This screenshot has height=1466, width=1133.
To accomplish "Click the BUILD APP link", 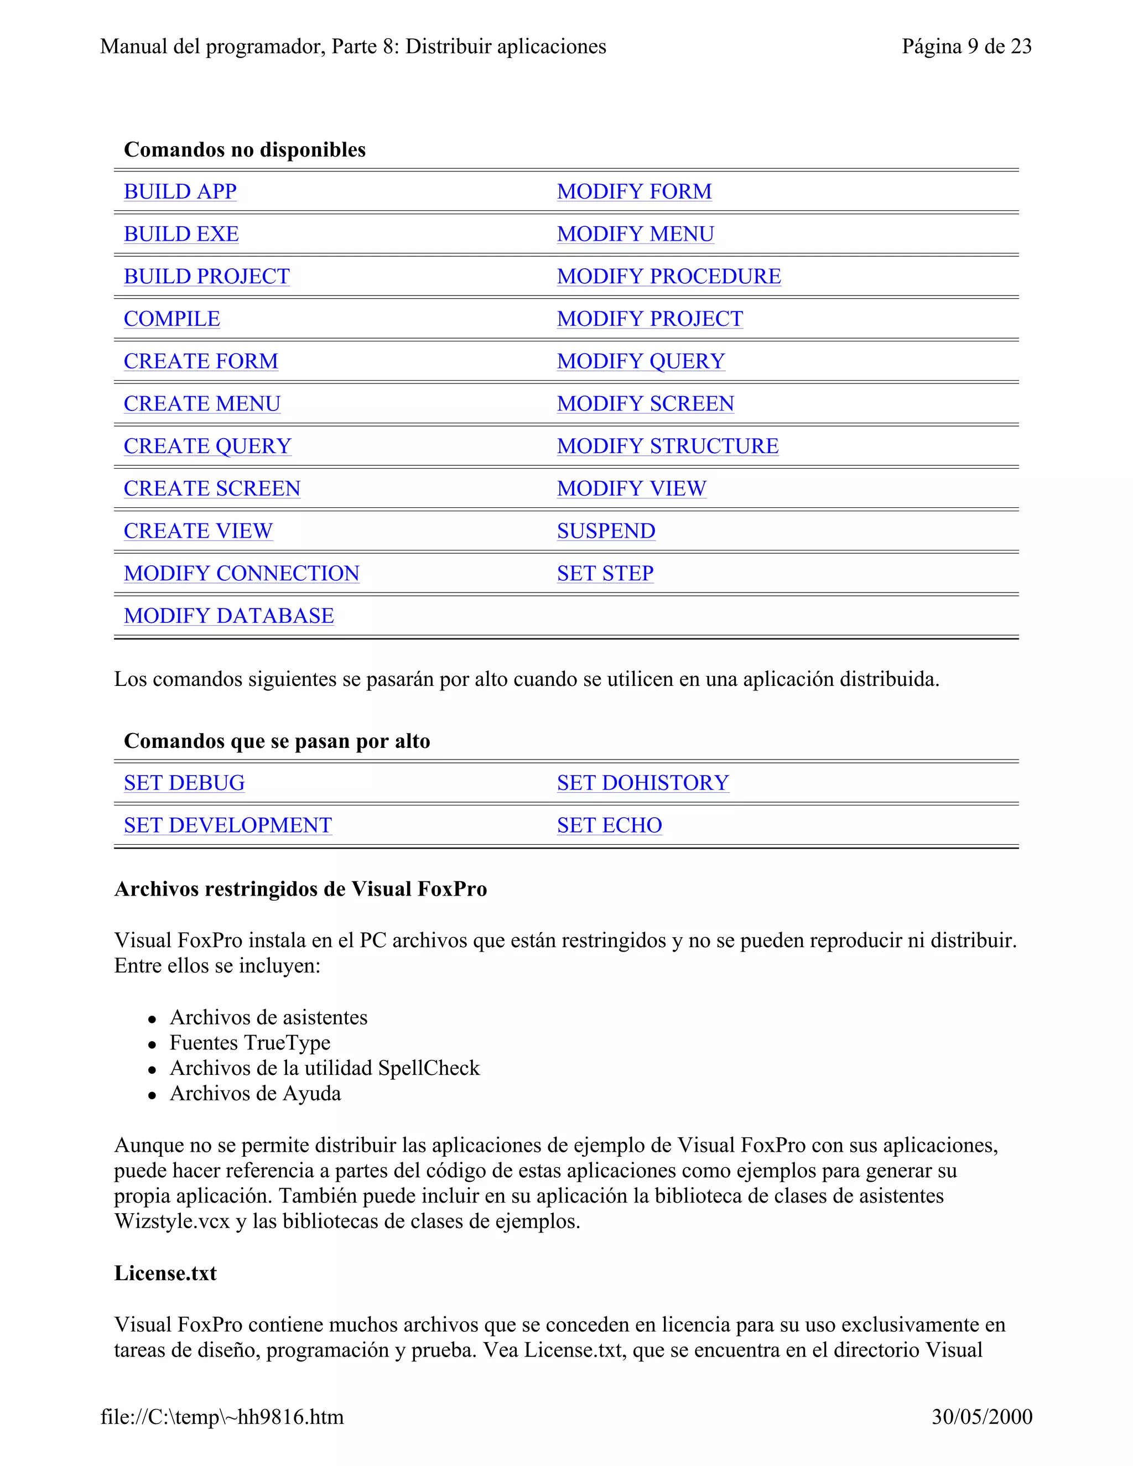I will (x=180, y=192).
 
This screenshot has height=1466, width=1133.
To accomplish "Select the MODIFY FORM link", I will (x=633, y=192).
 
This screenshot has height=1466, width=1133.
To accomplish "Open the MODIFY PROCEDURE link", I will (x=668, y=277).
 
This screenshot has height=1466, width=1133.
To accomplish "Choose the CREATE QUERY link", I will (x=207, y=446).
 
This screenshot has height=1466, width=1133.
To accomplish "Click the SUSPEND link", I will (x=605, y=531).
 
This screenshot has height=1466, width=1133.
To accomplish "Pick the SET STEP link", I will (x=605, y=574).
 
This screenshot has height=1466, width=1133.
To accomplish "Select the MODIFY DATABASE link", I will (x=229, y=616).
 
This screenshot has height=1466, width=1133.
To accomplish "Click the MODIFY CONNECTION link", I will (x=242, y=574).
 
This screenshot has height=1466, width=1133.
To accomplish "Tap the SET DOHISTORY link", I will (x=642, y=783).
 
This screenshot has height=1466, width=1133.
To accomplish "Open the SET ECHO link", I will (x=609, y=825).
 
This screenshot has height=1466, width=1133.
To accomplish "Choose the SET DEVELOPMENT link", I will (x=227, y=825).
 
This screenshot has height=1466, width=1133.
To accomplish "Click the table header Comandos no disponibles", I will (x=245, y=150).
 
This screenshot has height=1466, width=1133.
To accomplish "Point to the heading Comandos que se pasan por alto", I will (x=277, y=741).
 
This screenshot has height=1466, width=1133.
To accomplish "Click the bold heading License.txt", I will (x=165, y=1273).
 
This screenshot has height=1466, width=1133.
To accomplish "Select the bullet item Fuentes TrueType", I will (x=250, y=1042).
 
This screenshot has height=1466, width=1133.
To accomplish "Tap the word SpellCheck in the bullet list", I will (x=429, y=1068).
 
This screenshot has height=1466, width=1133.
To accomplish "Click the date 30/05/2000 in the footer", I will (x=981, y=1416).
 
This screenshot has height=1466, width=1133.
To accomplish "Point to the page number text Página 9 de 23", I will (x=966, y=46).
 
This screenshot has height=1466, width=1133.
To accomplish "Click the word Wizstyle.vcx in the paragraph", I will (x=172, y=1221).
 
